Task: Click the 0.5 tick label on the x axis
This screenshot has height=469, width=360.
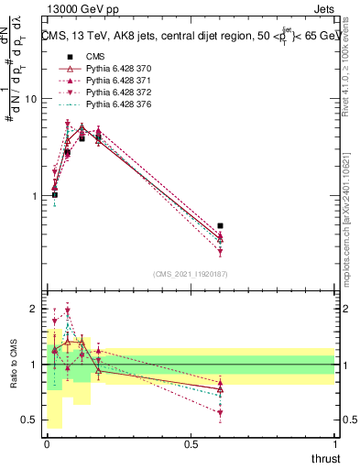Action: tap(191, 445)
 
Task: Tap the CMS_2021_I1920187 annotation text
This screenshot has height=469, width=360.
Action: tap(191, 273)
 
